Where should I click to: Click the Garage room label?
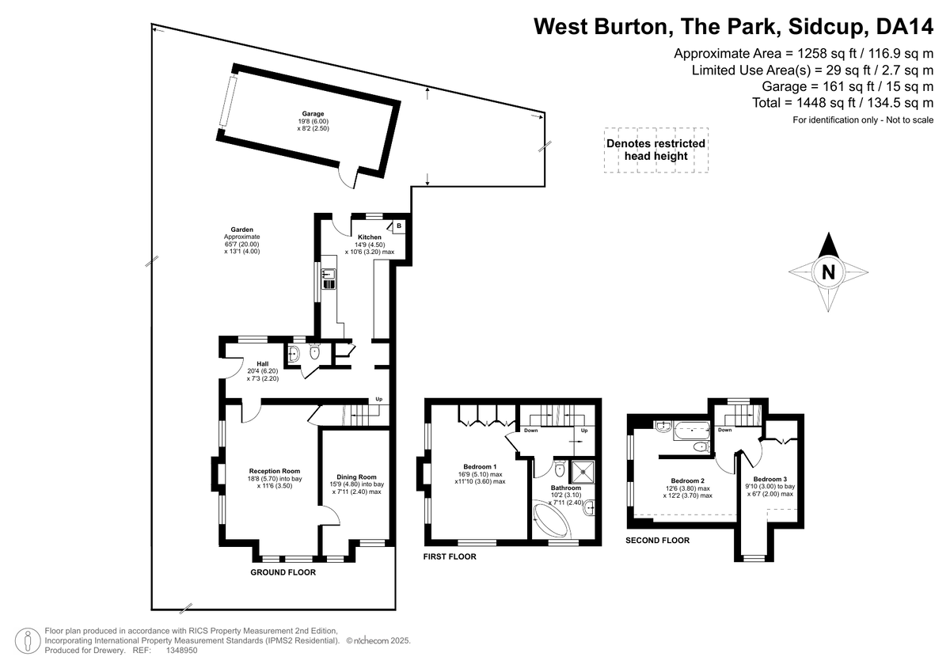[313, 114]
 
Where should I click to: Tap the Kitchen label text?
[370, 237]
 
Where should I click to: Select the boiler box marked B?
[399, 226]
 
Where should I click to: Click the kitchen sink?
[329, 279]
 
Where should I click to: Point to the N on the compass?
[828, 272]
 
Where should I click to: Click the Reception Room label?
[275, 471]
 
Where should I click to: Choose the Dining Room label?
[356, 477]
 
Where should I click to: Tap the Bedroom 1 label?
[480, 467]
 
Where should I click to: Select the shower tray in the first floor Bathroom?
[583, 472]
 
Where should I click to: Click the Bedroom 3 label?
[769, 479]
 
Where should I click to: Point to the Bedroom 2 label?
[687, 480]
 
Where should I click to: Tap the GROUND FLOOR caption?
[283, 572]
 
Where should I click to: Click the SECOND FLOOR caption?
[657, 540]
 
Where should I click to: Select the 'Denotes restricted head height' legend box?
[656, 150]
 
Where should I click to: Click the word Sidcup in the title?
[826, 26]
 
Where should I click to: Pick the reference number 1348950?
[181, 650]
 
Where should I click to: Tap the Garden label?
[241, 230]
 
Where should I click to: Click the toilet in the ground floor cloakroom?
[314, 352]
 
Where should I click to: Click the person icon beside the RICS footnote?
[28, 640]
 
